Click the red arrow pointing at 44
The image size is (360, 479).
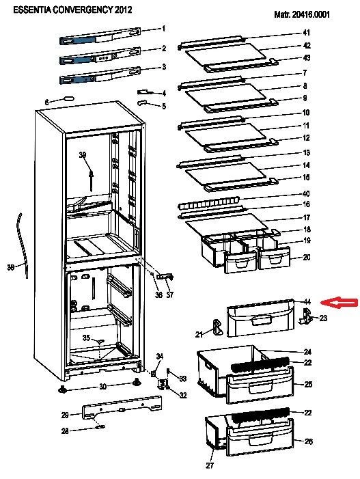[338, 303]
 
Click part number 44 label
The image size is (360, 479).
[307, 302]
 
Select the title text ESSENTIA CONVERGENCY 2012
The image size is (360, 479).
[72, 10]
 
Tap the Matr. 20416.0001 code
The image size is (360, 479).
[302, 14]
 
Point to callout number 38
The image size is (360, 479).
[11, 268]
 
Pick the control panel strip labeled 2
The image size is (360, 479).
[100, 55]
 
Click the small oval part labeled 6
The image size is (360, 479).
[68, 98]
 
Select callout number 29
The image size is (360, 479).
[65, 415]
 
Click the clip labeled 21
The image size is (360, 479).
[217, 327]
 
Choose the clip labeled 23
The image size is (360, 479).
[305, 316]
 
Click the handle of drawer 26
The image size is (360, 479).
[260, 440]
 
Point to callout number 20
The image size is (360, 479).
[306, 257]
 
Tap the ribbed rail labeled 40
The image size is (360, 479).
[208, 204]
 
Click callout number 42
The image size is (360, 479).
[307, 46]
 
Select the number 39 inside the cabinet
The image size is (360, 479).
[83, 155]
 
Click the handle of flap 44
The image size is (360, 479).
[262, 320]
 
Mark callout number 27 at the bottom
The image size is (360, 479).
[210, 465]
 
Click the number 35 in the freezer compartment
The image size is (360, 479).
[86, 338]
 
